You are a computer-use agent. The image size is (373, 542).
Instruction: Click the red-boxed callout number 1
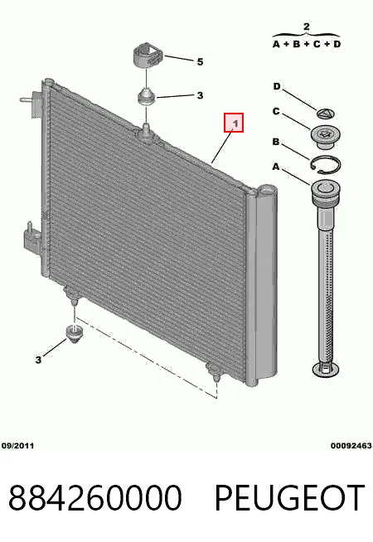pyautogui.click(x=234, y=123)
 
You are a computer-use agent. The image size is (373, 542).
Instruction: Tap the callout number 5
pyautogui.click(x=200, y=62)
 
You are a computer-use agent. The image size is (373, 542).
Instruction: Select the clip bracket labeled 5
pyautogui.click(x=147, y=56)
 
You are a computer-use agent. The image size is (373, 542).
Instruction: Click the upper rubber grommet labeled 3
pyautogui.click(x=147, y=96)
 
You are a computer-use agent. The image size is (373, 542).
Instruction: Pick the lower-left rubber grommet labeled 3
pyautogui.click(x=73, y=333)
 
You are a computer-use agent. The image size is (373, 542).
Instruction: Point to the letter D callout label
pyautogui.click(x=277, y=86)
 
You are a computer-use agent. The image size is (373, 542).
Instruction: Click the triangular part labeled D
pyautogui.click(x=326, y=114)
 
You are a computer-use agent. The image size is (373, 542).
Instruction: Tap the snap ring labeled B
pyautogui.click(x=325, y=164)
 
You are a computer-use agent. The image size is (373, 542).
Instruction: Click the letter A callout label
pyautogui.click(x=275, y=167)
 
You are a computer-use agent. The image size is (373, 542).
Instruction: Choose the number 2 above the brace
pyautogui.click(x=307, y=27)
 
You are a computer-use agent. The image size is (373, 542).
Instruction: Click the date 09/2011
pyautogui.click(x=17, y=446)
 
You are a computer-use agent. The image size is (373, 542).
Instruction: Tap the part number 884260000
pyautogui.click(x=95, y=498)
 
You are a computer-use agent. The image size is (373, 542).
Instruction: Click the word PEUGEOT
pyautogui.click(x=289, y=498)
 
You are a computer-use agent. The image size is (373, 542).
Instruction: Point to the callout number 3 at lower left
pyautogui.click(x=38, y=360)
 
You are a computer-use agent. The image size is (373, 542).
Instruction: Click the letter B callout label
pyautogui.click(x=275, y=142)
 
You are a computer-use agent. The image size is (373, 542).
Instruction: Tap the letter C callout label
pyautogui.click(x=276, y=111)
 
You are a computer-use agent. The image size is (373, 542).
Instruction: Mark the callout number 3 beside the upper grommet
pyautogui.click(x=200, y=95)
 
